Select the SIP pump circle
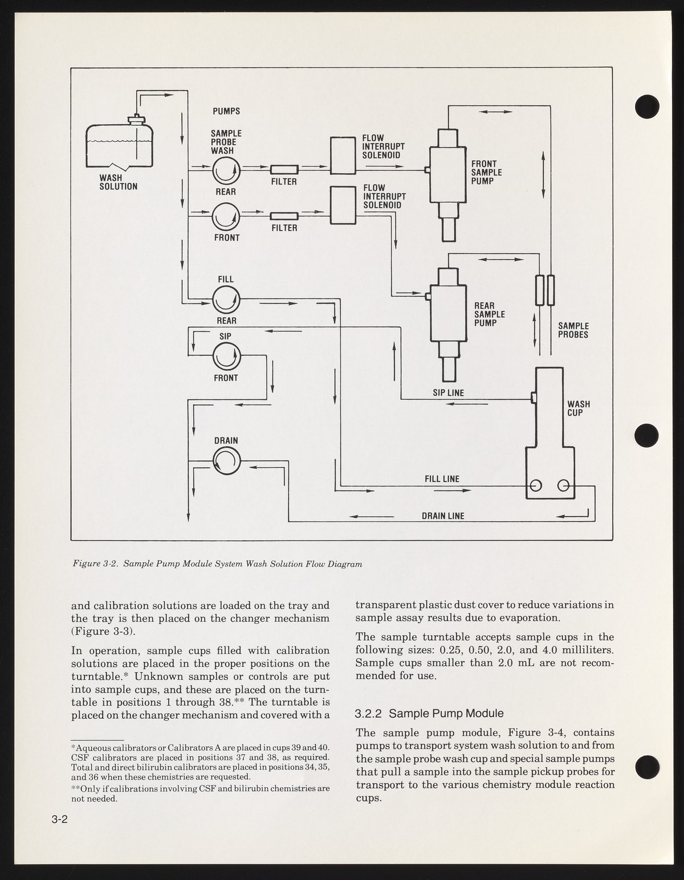point(226,357)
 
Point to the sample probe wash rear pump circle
point(226,170)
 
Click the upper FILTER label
point(284,182)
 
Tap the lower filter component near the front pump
point(284,216)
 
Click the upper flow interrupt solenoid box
point(343,155)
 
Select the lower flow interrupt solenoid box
point(343,206)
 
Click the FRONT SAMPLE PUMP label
point(486,172)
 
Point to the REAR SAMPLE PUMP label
point(490,314)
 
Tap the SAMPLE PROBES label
point(573,330)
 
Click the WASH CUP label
point(579,408)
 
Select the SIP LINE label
point(448,393)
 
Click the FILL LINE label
point(442,479)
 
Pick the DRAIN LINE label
point(443,516)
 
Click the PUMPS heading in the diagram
point(226,111)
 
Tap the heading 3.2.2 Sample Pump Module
point(429,713)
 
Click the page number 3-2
point(59,820)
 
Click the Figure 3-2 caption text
point(217,564)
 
